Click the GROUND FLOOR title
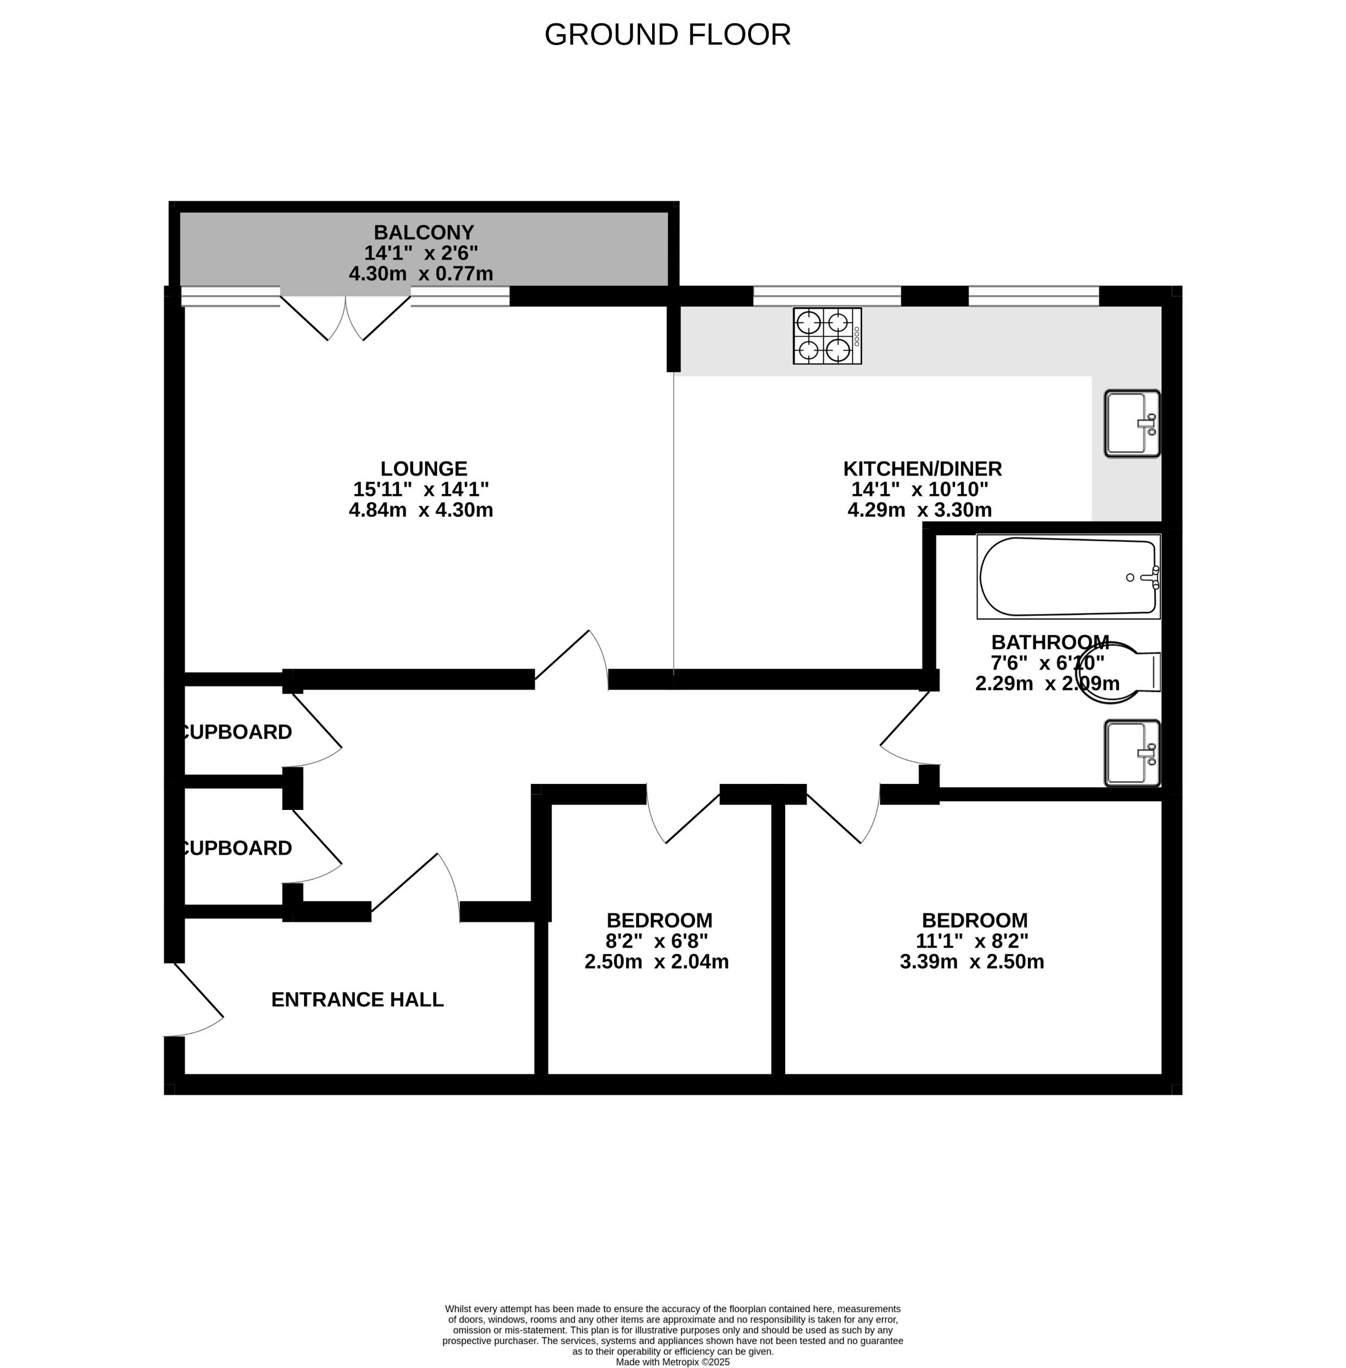(x=667, y=35)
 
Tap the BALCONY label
(x=424, y=232)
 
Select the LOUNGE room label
(x=424, y=468)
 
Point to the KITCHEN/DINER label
(x=922, y=468)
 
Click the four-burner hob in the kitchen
(x=827, y=336)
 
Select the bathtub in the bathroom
(x=1068, y=577)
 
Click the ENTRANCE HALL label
(x=357, y=999)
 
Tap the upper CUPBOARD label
(x=237, y=732)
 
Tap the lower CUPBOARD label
(x=237, y=847)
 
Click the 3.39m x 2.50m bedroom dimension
(x=971, y=961)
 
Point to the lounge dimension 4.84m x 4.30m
(x=421, y=510)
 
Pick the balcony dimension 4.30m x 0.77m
(x=421, y=274)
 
